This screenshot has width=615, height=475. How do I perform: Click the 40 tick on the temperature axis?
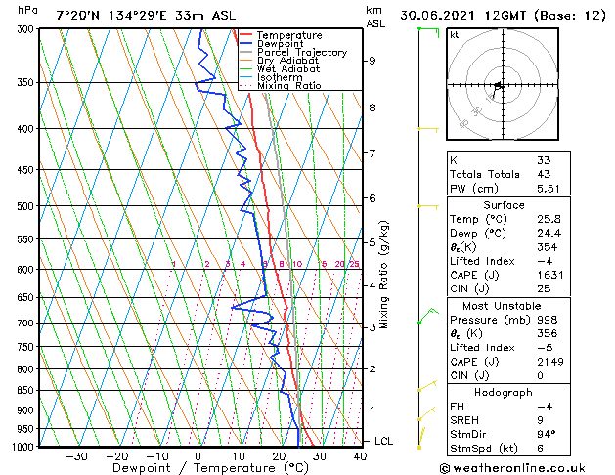361,456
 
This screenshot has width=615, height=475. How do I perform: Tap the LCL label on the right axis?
384,442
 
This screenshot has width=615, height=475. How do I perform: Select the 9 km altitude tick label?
373,61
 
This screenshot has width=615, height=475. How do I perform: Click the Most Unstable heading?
504,305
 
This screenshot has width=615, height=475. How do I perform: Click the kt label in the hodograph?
454,35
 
